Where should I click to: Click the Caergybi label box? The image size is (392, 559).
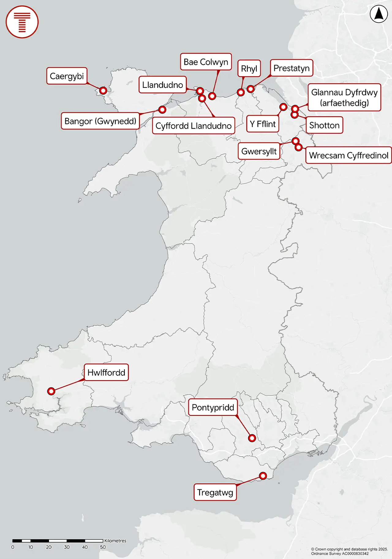tap(67, 76)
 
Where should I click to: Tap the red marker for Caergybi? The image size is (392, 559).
tap(103, 91)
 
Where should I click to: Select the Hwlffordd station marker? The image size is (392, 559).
tap(51, 391)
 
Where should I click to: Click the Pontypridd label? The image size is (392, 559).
tap(213, 407)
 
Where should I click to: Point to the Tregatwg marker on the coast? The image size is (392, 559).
tap(263, 476)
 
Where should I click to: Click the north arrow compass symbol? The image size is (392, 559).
tap(379, 14)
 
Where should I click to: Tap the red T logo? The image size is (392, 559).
tap(22, 22)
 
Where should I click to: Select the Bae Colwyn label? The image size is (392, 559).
tap(206, 62)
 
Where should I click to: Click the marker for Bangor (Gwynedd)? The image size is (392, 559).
tap(162, 109)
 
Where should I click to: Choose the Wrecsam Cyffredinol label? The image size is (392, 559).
tap(349, 155)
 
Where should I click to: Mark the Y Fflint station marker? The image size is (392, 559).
tap(283, 107)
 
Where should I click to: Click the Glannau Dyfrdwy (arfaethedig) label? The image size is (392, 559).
tap(344, 97)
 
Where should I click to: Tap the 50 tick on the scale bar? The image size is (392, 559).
tap(103, 547)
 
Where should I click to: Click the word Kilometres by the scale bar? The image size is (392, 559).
tap(115, 541)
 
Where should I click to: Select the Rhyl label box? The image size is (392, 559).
tap(249, 69)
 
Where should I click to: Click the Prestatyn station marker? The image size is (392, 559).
tap(251, 89)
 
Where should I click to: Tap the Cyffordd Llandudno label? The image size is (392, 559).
tap(193, 126)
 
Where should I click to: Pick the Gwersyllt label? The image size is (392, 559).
tap(259, 151)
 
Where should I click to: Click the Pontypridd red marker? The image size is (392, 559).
tap(252, 438)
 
